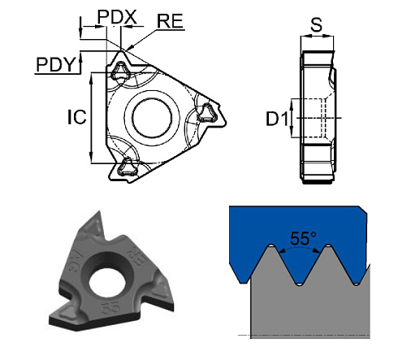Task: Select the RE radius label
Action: pos(170,21)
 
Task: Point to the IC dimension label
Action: pos(76,119)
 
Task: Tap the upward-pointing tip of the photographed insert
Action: pos(100,217)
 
